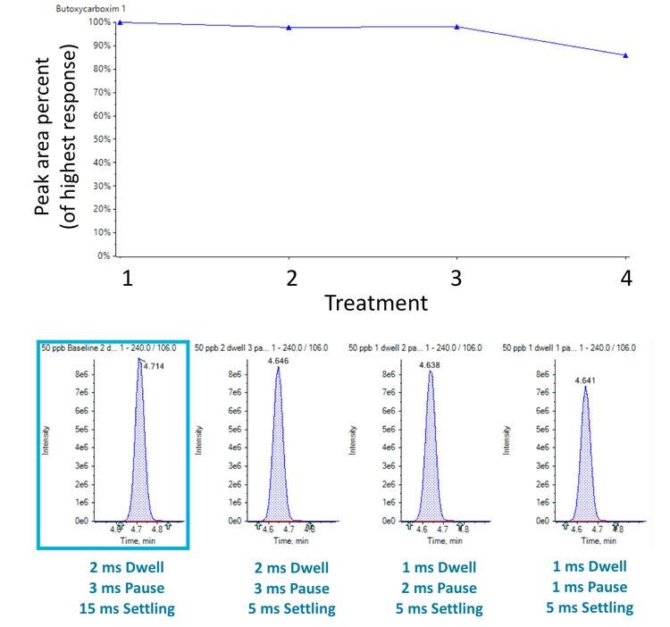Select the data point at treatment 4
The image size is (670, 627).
pos(625,55)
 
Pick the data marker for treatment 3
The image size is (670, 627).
pos(457,27)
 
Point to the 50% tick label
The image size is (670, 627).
pos(100,138)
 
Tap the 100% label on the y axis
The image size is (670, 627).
pos(98,22)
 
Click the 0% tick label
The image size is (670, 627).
pos(103,255)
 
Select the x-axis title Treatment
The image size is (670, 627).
pos(375,303)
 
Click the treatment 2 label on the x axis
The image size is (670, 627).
pos(289,279)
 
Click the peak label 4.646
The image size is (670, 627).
pos(280,362)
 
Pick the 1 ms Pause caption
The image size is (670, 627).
pos(590,588)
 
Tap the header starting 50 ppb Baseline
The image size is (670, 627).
pos(113,347)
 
